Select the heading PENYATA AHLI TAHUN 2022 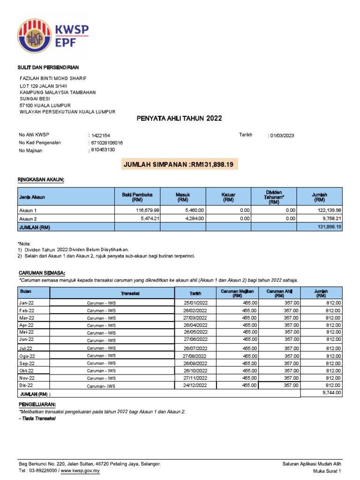coord(179,119)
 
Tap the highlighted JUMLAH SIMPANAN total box coord(180,164)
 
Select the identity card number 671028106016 coord(107,142)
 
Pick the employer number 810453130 coord(103,150)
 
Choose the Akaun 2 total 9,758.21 coord(328,218)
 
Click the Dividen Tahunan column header coord(274,197)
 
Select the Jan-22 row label coord(27,303)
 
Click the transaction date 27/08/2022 coord(195,356)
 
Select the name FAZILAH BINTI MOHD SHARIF coord(52,78)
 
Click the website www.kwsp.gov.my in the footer coord(80,470)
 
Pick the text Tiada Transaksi coord(37,419)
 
